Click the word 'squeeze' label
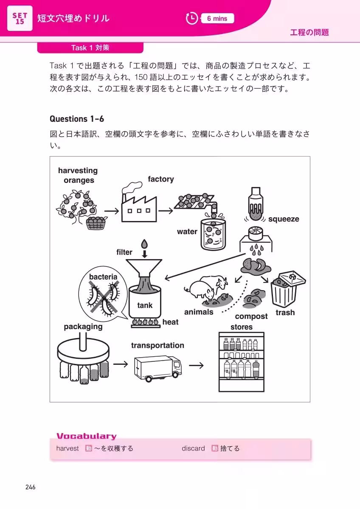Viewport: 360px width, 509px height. pos(284,219)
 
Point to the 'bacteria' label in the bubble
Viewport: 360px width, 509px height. pos(103,277)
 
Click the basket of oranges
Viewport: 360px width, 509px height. pos(97,223)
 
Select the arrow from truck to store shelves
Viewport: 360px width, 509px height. pos(196,365)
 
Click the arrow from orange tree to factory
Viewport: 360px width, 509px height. pos(111,210)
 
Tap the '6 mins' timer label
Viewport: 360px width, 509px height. pos(217,18)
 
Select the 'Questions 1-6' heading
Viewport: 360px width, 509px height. pos(77,119)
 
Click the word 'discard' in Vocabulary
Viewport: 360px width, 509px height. pos(193,448)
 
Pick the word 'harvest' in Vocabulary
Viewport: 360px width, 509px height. pos(67,448)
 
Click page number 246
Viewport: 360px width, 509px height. pos(30,487)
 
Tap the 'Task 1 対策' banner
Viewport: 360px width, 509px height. pos(90,48)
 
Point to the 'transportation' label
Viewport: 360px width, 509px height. pos(157,345)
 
